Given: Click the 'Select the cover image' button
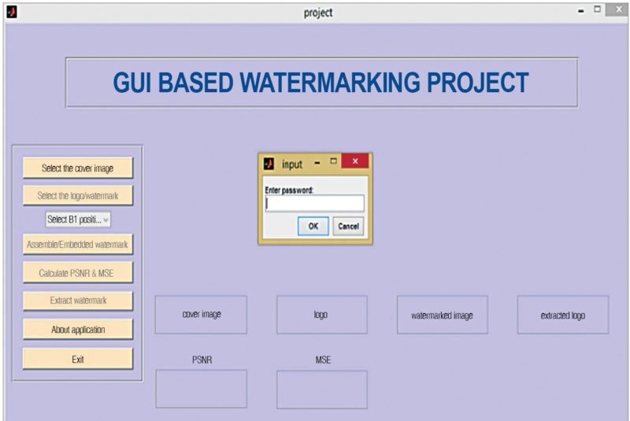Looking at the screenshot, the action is tap(77, 168).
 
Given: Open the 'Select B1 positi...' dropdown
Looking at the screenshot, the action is tap(78, 220).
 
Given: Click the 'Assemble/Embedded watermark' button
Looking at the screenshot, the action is tap(77, 245).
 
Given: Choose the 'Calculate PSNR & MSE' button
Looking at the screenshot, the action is tap(77, 273).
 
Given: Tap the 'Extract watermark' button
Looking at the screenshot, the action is tap(77, 301).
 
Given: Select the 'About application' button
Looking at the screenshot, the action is tap(77, 330).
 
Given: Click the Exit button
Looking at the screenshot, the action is tap(77, 359).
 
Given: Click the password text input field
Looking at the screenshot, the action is tap(314, 204).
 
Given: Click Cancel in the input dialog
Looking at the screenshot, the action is tap(348, 227).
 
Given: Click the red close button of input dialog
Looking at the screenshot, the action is tap(355, 161).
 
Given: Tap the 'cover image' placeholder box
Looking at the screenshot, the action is tap(202, 315).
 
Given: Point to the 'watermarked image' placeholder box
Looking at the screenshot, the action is tap(443, 315).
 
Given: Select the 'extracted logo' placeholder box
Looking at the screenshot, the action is tap(563, 315).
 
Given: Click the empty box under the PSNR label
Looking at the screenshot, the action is tap(202, 389).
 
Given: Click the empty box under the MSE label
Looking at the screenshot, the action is tap(322, 390).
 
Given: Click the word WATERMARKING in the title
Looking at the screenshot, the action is tap(330, 83).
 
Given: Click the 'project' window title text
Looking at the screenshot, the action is tap(318, 13).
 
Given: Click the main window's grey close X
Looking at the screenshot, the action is tap(619, 9).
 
